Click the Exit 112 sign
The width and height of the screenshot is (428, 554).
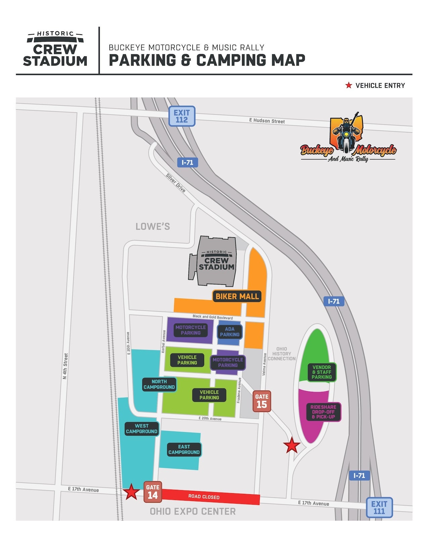click(182, 116)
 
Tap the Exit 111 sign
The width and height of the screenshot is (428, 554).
click(379, 507)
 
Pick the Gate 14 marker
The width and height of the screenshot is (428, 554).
click(153, 492)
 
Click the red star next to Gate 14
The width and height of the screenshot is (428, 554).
click(131, 492)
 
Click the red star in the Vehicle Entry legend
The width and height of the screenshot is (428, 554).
click(349, 86)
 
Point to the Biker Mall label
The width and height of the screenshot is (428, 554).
click(237, 296)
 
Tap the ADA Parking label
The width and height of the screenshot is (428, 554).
click(230, 332)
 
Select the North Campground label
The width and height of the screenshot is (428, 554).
click(159, 384)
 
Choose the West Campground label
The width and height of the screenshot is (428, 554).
click(142, 429)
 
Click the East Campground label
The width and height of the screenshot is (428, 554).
click(184, 450)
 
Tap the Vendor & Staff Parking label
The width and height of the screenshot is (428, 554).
click(322, 372)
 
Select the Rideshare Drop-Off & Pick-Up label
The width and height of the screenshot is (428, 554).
click(323, 412)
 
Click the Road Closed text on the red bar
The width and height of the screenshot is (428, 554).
click(204, 497)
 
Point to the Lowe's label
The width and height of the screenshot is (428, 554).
click(153, 227)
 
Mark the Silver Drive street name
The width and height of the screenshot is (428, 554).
click(176, 183)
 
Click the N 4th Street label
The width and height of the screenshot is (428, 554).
click(65, 366)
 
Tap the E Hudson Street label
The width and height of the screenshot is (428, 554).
click(267, 121)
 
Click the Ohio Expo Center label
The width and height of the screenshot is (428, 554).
click(193, 511)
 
